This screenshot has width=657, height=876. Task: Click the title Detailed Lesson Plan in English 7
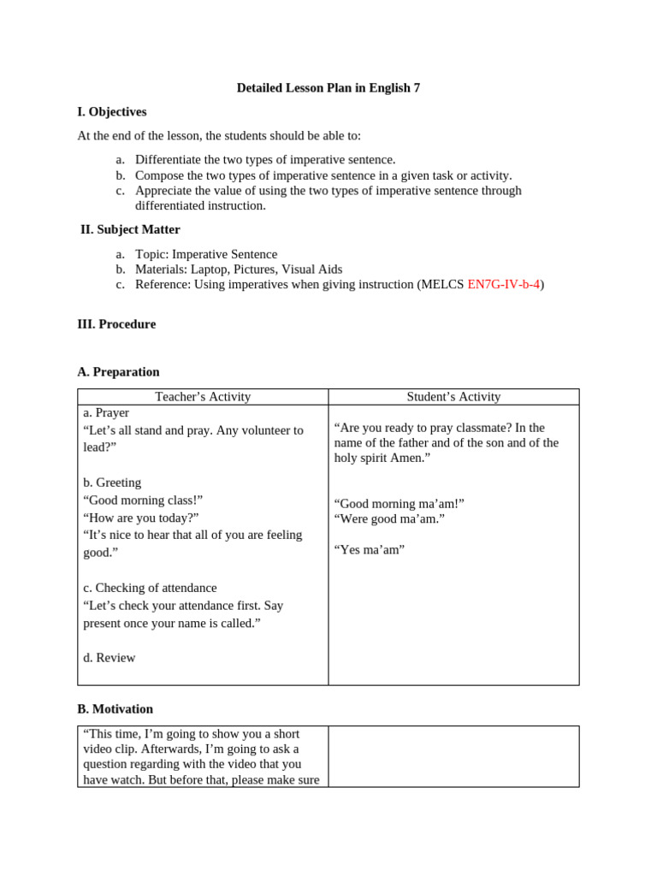(328, 88)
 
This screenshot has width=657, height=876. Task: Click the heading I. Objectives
(112, 112)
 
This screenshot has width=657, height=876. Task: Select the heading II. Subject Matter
(130, 229)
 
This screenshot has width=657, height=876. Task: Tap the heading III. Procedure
(116, 324)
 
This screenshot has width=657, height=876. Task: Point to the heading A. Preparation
(118, 372)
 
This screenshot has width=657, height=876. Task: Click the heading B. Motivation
(115, 709)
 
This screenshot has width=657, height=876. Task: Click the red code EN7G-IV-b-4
(503, 285)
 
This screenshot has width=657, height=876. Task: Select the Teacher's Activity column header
(203, 397)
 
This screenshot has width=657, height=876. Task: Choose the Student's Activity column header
(453, 397)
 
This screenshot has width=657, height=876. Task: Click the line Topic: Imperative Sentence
(206, 254)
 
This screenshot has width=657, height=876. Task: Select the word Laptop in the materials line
(210, 269)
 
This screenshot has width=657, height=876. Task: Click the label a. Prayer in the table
(106, 413)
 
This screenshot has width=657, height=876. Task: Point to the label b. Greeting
(112, 482)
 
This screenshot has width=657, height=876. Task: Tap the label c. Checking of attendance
(150, 588)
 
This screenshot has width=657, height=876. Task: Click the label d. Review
(109, 658)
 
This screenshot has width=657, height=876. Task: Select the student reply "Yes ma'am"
(370, 550)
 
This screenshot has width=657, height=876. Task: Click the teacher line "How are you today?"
(141, 518)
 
